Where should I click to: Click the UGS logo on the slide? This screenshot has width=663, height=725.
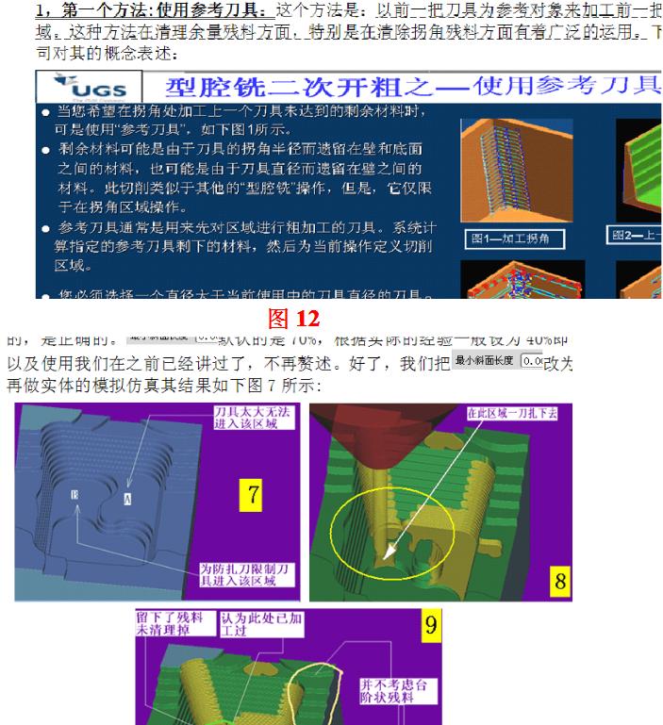click(93, 89)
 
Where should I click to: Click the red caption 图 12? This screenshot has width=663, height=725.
click(293, 318)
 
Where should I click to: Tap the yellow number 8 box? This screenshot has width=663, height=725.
click(559, 581)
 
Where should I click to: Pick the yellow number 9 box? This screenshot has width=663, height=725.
click(429, 623)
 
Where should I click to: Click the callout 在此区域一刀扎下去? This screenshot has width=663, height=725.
click(517, 414)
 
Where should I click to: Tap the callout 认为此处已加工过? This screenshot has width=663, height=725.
click(247, 623)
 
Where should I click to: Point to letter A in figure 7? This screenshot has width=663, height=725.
click(128, 494)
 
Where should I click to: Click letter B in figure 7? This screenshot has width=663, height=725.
click(75, 494)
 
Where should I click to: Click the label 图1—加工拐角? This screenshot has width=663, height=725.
click(517, 239)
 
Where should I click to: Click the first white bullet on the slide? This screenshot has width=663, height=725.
click(47, 112)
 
